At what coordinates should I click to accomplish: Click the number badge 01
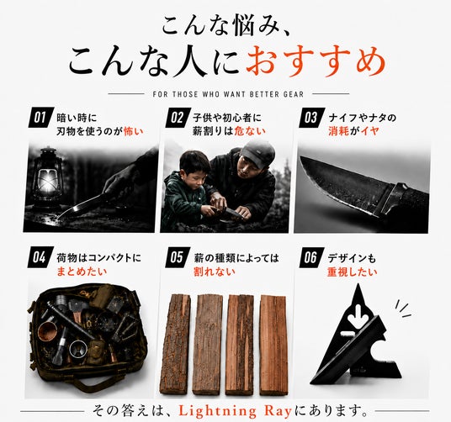tap(41, 117)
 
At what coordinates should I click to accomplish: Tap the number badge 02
tap(178, 117)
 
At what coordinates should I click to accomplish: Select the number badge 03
tap(312, 117)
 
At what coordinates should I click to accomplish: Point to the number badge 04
tap(40, 257)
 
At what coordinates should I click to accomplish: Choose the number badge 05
tap(178, 257)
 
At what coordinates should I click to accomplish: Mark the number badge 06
tap(312, 257)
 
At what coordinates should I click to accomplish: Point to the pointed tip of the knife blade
tap(300, 157)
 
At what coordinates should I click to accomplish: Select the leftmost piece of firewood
tap(175, 344)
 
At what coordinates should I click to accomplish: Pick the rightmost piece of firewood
tap(273, 345)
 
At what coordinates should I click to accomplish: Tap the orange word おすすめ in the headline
tap(316, 61)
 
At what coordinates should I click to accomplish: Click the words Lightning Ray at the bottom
tap(235, 411)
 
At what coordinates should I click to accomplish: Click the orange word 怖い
tap(133, 131)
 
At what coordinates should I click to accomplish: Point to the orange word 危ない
tap(250, 131)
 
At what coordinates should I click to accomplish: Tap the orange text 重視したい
tap(352, 272)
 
